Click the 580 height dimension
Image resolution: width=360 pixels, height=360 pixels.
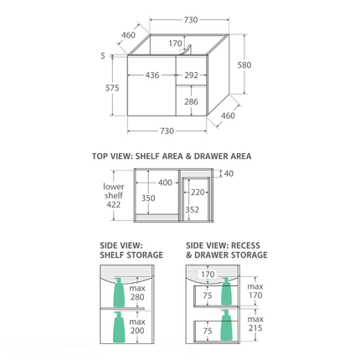click(x=244, y=65)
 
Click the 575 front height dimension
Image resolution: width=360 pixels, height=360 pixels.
click(x=112, y=88)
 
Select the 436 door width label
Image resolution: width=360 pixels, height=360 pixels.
click(x=152, y=75)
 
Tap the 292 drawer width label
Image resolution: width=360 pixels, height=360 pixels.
click(x=191, y=75)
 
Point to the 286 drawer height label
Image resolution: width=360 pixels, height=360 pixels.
click(x=191, y=101)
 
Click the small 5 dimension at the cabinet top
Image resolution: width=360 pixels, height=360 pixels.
click(x=103, y=56)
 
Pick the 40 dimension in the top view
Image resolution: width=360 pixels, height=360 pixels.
click(x=229, y=173)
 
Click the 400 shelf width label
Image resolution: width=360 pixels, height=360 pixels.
click(x=165, y=183)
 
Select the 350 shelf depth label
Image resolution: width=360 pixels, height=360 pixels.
click(x=148, y=198)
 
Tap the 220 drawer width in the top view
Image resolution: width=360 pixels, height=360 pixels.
click(x=198, y=193)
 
